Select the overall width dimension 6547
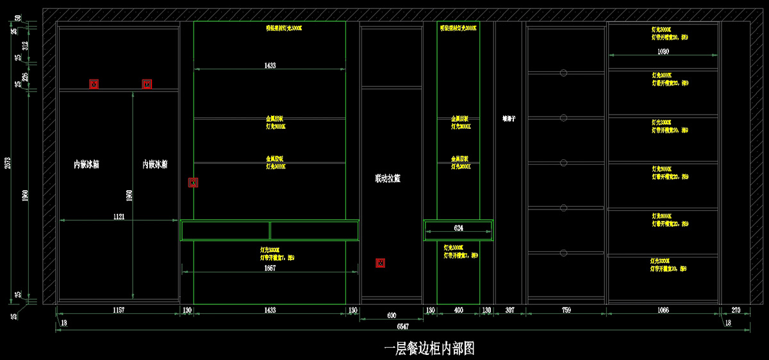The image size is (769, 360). pos(402,327)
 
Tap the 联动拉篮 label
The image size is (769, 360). pos(388,179)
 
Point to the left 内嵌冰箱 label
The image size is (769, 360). pos(87,165)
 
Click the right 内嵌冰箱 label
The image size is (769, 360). pos(155,165)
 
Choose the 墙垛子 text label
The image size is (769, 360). pos(509,119)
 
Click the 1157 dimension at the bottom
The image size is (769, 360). pos(119,310)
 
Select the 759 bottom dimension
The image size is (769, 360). pos(566,310)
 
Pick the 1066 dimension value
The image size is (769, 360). pos(663,310)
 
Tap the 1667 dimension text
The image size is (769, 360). pos(270,268)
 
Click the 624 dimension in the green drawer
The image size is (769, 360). pos(458,228)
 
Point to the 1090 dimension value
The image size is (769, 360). pos(663,51)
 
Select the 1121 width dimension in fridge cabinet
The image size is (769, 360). pos(119,217)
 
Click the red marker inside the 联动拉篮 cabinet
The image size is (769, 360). pos(380,263)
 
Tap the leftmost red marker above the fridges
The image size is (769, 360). pos(94,84)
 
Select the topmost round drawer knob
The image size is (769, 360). pos(563,73)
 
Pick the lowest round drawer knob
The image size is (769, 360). pos(563,253)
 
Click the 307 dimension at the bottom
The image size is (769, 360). pos(510,310)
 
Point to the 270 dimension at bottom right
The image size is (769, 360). pos(735,310)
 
